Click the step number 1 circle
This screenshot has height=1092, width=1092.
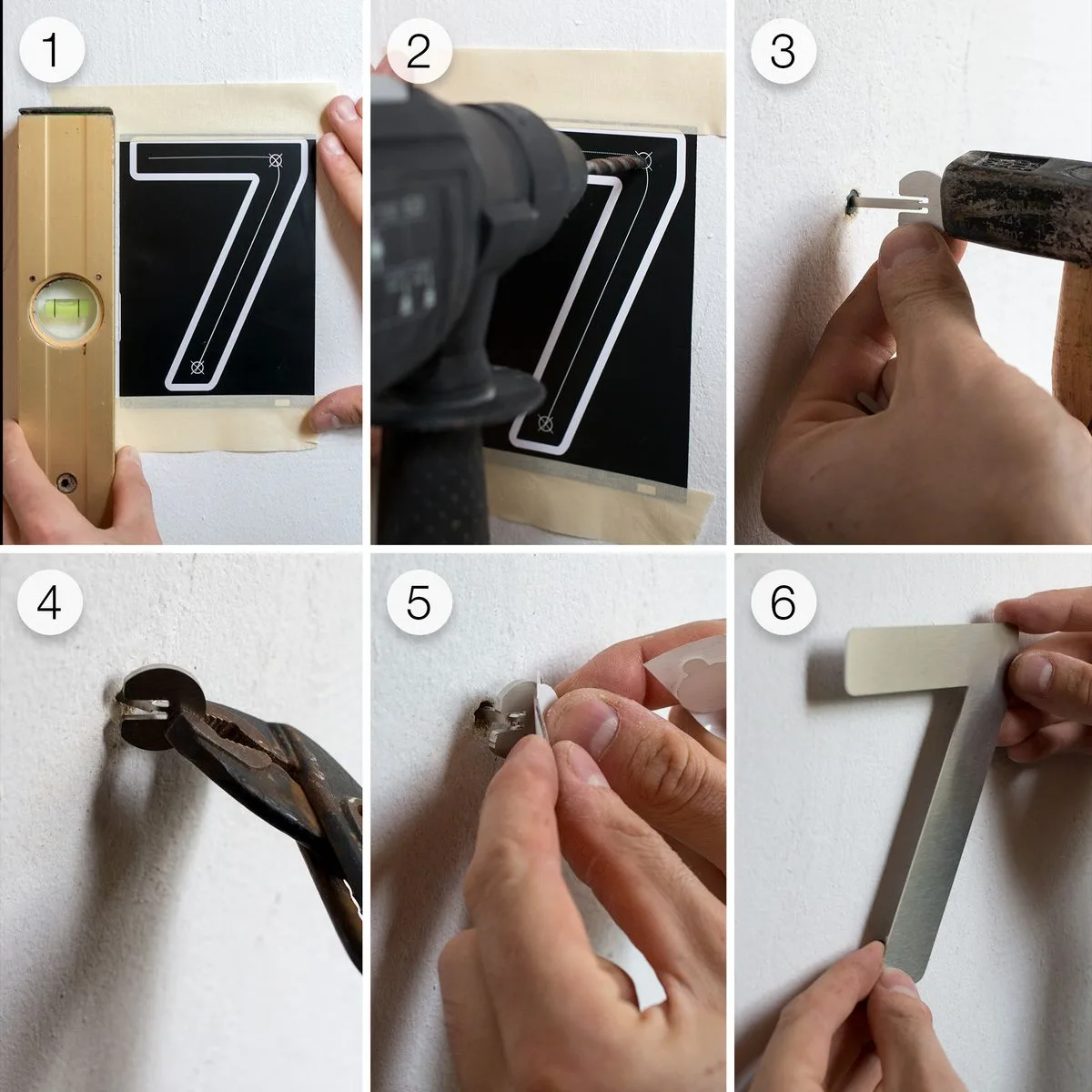pyautogui.click(x=52, y=51)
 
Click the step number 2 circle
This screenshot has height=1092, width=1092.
pyautogui.click(x=418, y=51)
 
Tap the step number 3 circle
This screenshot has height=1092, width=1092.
pyautogui.click(x=783, y=51)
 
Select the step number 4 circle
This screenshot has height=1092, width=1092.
pyautogui.click(x=50, y=602)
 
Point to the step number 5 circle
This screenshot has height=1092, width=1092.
pyautogui.click(x=418, y=602)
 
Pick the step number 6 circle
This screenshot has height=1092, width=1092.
pyautogui.click(x=783, y=602)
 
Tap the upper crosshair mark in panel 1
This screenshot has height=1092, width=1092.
pyautogui.click(x=277, y=161)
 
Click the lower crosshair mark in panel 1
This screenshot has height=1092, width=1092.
pyautogui.click(x=197, y=368)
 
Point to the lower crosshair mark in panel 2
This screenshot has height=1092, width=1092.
pyautogui.click(x=545, y=422)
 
